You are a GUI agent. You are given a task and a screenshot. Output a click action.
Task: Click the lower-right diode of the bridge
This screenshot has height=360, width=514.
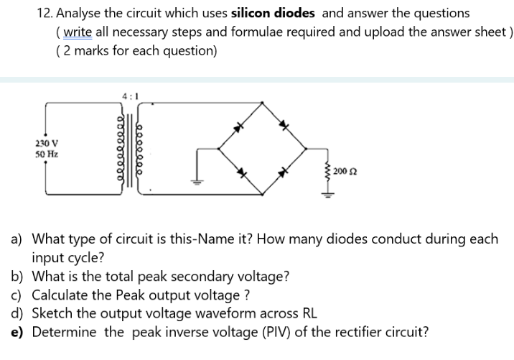285,172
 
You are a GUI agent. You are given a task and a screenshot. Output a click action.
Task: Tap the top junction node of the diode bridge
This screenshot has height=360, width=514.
263,103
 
